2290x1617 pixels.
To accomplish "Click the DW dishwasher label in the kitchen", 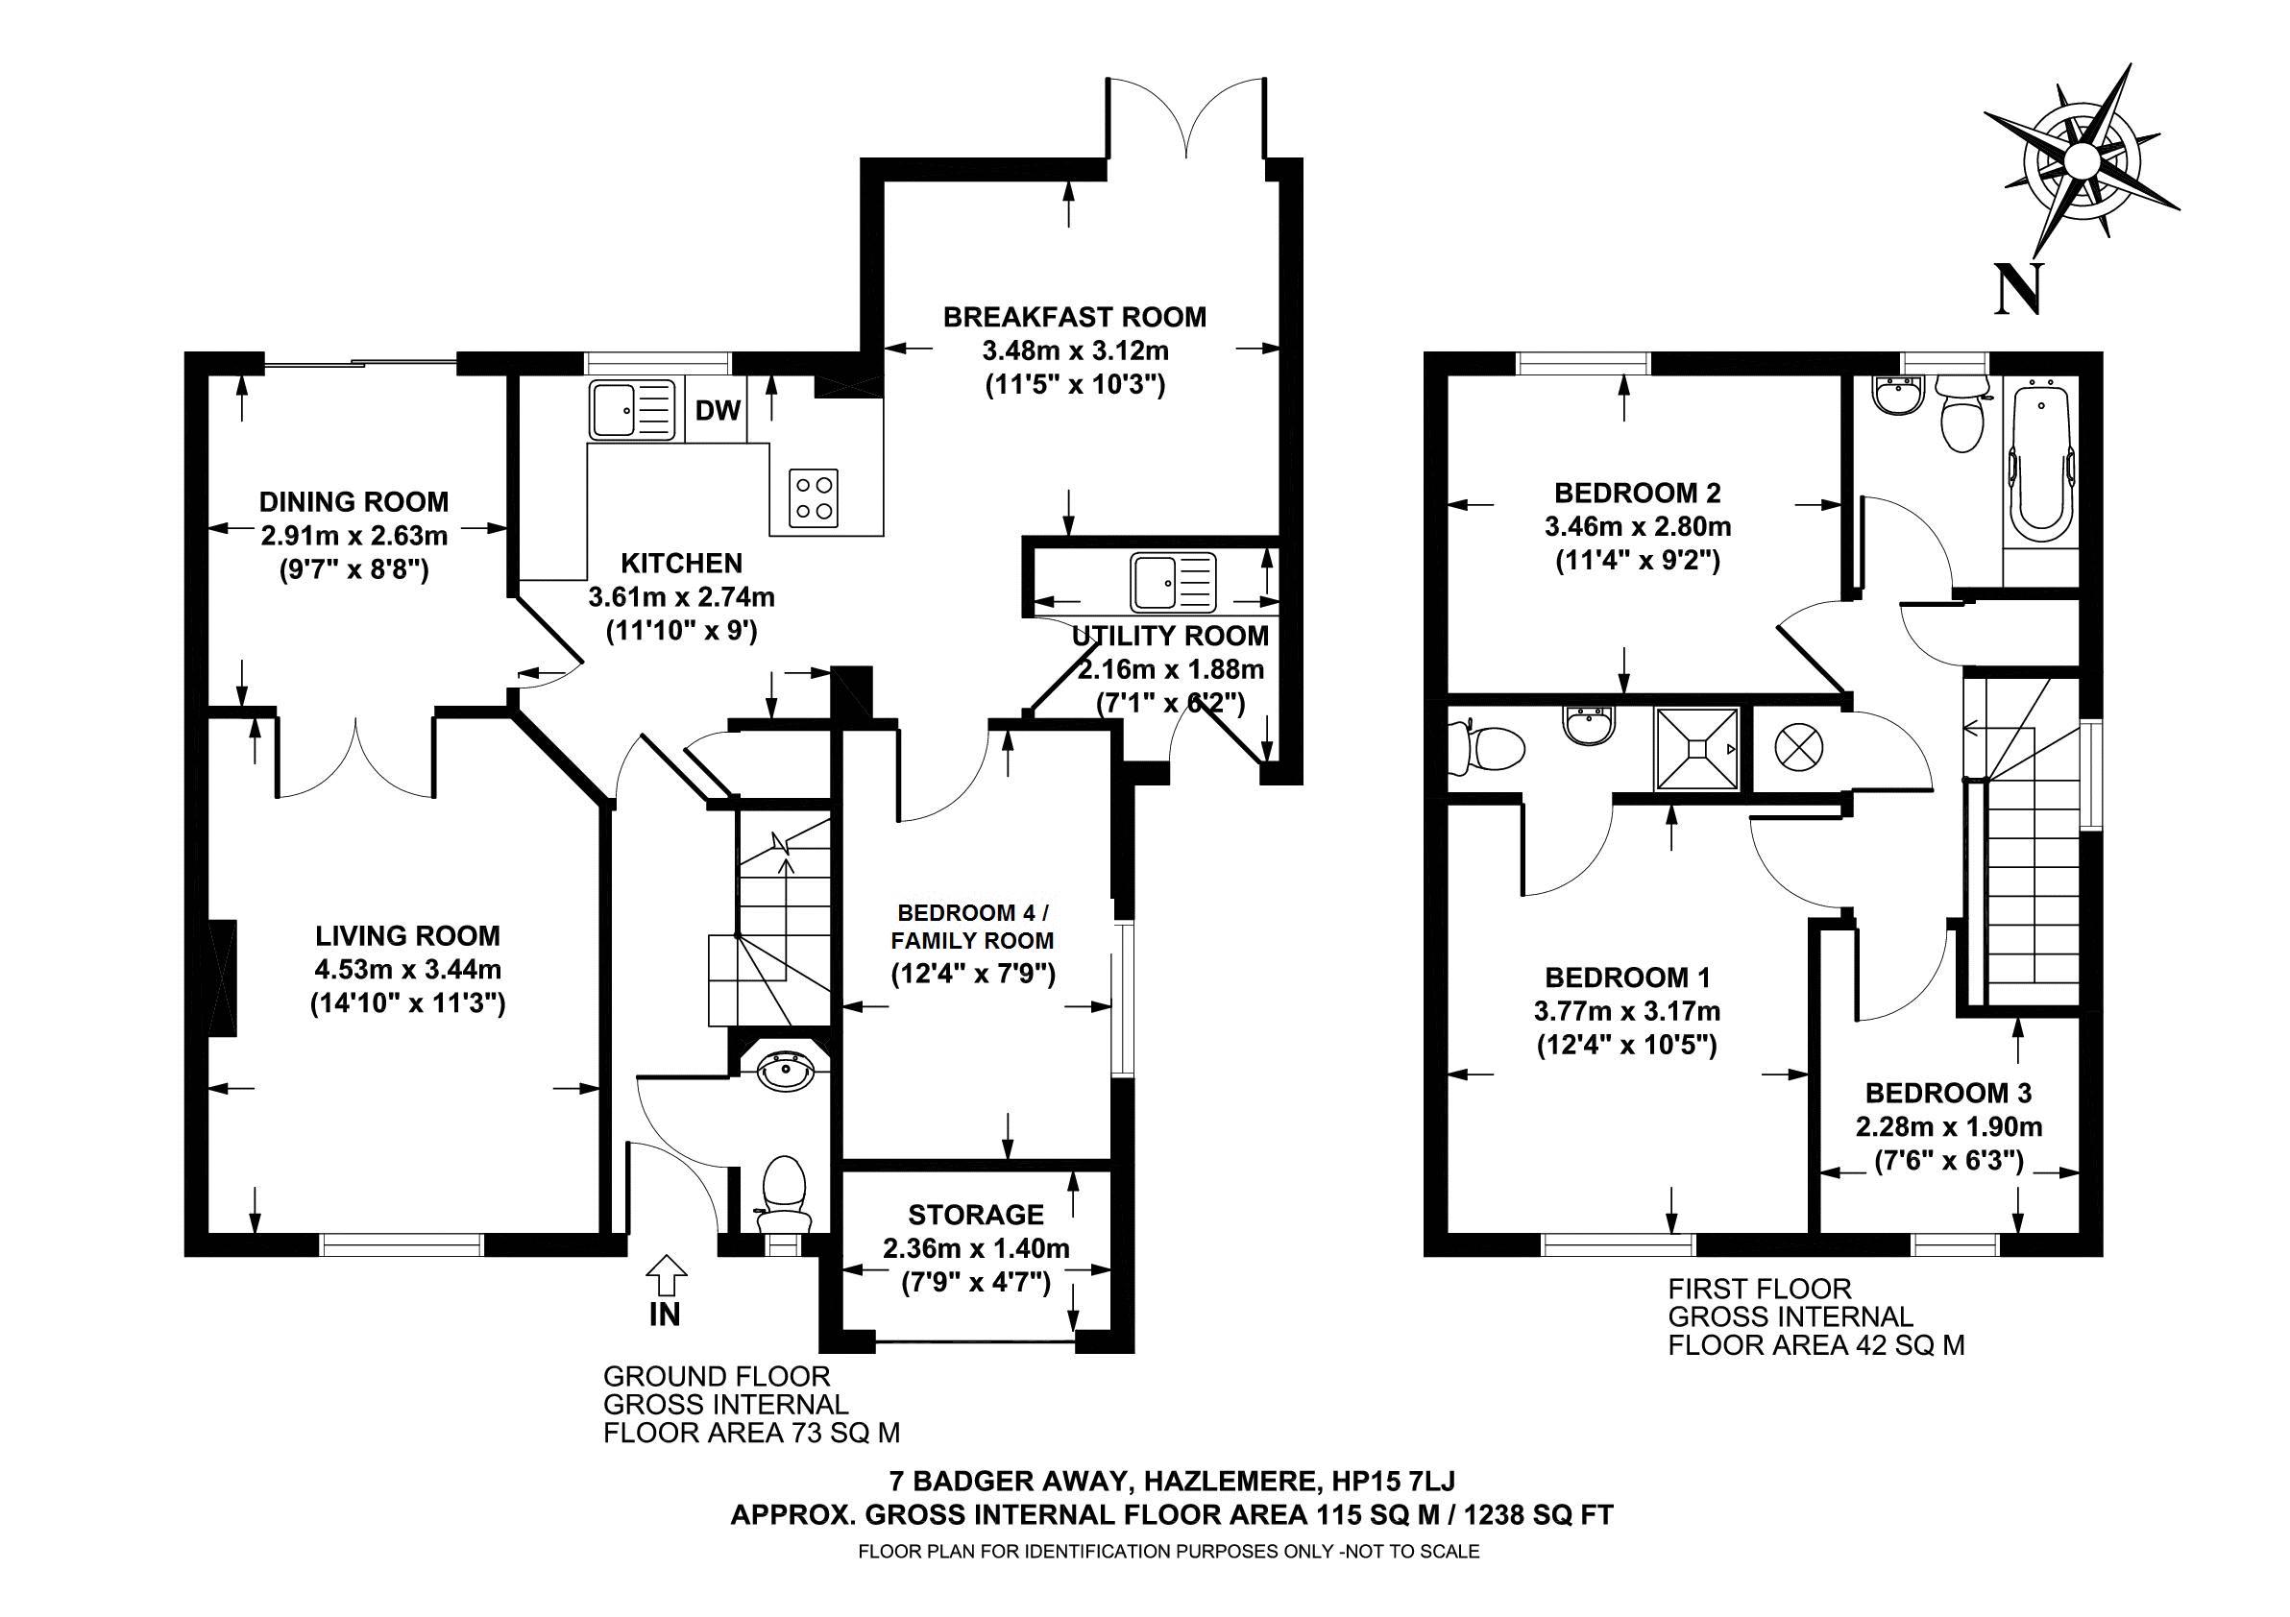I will click(719, 410).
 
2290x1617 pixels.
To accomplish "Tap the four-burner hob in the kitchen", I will click(813, 498).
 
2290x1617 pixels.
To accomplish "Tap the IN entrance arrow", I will click(667, 1278).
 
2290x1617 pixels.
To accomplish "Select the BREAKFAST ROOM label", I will click(1074, 317).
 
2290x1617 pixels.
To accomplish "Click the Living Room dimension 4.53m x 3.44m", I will click(407, 969).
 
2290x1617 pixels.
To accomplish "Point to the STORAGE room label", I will click(974, 1215).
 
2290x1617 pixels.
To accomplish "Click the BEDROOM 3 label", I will click(1947, 1093).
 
